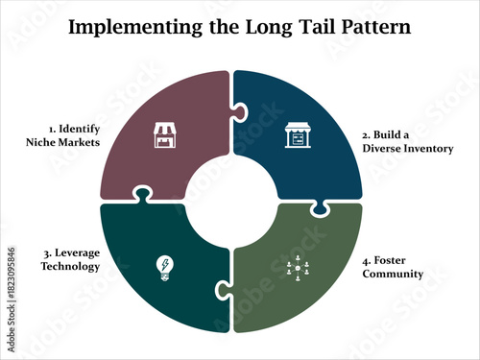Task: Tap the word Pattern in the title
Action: (x=371, y=27)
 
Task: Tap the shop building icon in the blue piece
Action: (x=295, y=138)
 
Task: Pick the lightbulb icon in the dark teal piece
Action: (x=164, y=266)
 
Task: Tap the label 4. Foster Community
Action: (x=393, y=267)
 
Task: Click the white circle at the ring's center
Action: (x=230, y=201)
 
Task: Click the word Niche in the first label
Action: (x=43, y=142)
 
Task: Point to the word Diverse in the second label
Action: (x=382, y=149)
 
